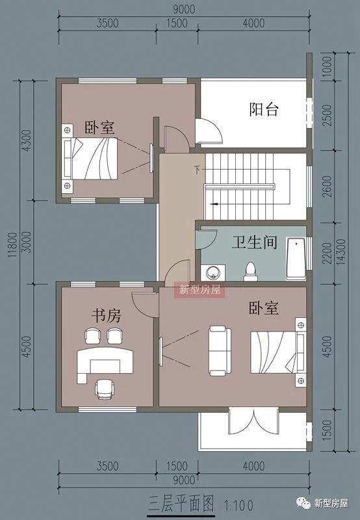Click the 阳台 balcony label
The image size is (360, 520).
click(x=264, y=109)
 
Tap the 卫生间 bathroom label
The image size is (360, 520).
click(x=255, y=243)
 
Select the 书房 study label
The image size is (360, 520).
click(x=105, y=317)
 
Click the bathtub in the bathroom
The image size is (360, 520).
click(x=296, y=259)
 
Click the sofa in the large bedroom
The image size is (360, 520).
click(x=218, y=350)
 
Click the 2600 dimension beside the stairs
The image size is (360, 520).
click(x=327, y=188)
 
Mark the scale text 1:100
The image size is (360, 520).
click(x=239, y=504)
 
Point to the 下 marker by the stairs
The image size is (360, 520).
click(x=196, y=170)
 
